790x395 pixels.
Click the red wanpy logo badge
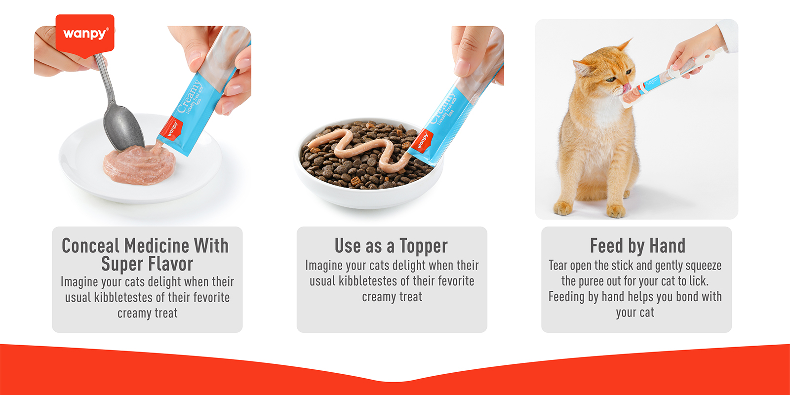85,33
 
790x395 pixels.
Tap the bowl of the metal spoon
122,129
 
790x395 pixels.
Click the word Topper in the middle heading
423,246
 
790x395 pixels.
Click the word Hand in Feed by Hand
667,246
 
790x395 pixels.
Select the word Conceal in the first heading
90,246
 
